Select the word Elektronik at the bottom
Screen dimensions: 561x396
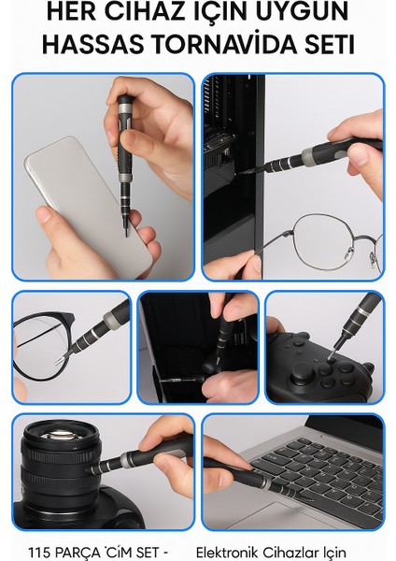pyautogui.click(x=236, y=550)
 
